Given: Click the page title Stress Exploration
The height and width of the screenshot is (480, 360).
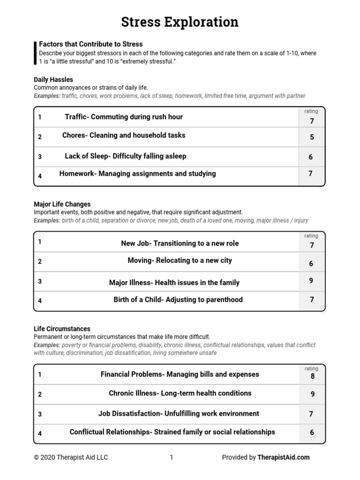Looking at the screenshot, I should tap(180, 22).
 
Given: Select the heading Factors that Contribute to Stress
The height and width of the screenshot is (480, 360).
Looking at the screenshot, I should tap(90, 44).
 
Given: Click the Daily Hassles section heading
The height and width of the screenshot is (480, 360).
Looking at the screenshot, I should tap(53, 80).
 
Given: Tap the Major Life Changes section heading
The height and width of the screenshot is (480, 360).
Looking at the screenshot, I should tap(62, 204).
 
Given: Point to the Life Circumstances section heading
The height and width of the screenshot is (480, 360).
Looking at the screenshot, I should tap(62, 329).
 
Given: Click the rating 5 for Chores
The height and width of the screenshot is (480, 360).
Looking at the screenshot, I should tap(312, 137).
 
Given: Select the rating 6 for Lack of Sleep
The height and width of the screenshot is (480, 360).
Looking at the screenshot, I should tap(311, 157).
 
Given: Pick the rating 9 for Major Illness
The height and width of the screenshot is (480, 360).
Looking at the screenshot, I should tap(311, 281).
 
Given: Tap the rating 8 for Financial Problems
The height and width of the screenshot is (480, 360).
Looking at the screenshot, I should tap(312, 376).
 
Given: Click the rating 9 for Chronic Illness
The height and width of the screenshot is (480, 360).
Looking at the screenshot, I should tap(312, 394).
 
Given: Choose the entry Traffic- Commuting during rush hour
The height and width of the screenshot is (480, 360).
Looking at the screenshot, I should tap(124, 117).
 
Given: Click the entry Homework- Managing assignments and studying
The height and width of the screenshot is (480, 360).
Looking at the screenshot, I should tap(137, 173).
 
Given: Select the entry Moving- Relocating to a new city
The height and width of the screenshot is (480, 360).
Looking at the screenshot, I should tap(180, 260).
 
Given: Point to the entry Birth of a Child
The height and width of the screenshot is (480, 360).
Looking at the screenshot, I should tap(178, 300).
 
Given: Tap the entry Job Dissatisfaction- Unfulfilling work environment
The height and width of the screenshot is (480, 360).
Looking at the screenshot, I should tap(179, 413).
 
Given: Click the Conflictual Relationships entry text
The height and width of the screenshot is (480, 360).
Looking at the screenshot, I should tap(172, 432).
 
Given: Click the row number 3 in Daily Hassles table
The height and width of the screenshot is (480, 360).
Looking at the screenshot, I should tap(40, 157).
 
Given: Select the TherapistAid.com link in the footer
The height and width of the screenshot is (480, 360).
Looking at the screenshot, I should tap(283, 457).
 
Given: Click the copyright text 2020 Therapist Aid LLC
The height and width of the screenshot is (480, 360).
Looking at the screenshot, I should tap(71, 457).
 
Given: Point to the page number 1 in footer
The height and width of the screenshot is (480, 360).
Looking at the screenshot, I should tap(172, 457).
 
